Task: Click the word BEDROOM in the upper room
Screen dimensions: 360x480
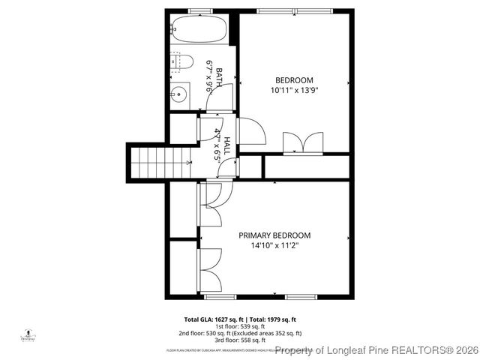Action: click(x=294, y=80)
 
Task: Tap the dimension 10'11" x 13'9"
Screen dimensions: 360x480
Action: click(x=294, y=90)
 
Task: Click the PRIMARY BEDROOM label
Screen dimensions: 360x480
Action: click(x=274, y=235)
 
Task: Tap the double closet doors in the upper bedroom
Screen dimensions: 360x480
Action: click(x=303, y=142)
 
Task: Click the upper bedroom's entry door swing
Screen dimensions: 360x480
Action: click(x=253, y=132)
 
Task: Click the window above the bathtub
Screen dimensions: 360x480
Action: click(x=199, y=10)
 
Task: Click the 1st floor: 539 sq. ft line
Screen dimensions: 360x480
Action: click(x=241, y=326)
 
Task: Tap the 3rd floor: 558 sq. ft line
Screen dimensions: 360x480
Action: click(x=241, y=340)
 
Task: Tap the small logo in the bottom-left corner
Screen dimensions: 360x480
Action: click(x=28, y=334)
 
